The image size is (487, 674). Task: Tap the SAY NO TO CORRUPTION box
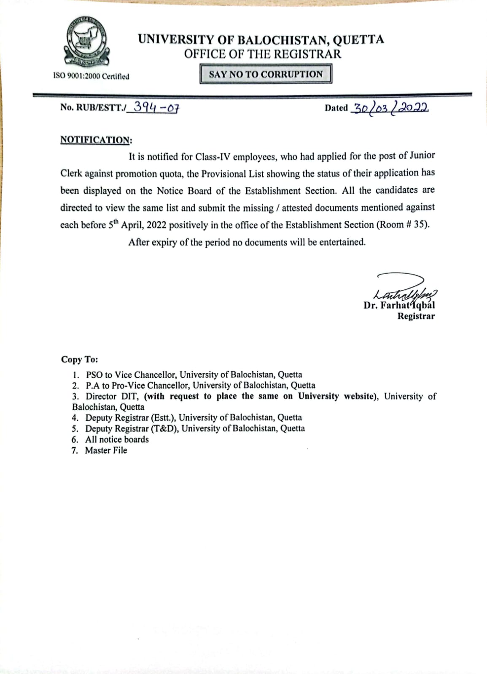(x=266, y=74)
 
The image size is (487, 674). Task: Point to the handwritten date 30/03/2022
(x=389, y=108)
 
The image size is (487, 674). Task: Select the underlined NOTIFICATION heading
(x=96, y=140)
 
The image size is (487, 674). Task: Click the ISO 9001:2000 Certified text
(x=91, y=76)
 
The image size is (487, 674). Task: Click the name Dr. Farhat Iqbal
(x=399, y=305)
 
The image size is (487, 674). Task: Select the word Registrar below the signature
(x=416, y=316)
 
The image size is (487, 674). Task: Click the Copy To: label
(x=79, y=359)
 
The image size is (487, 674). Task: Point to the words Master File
(x=106, y=450)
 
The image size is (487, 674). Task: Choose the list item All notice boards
(x=117, y=439)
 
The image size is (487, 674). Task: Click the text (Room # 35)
(x=403, y=225)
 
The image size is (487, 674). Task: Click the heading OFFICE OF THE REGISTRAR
(x=262, y=54)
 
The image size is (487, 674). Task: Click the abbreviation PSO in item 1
(x=94, y=374)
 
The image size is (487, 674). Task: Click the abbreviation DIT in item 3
(x=130, y=396)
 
